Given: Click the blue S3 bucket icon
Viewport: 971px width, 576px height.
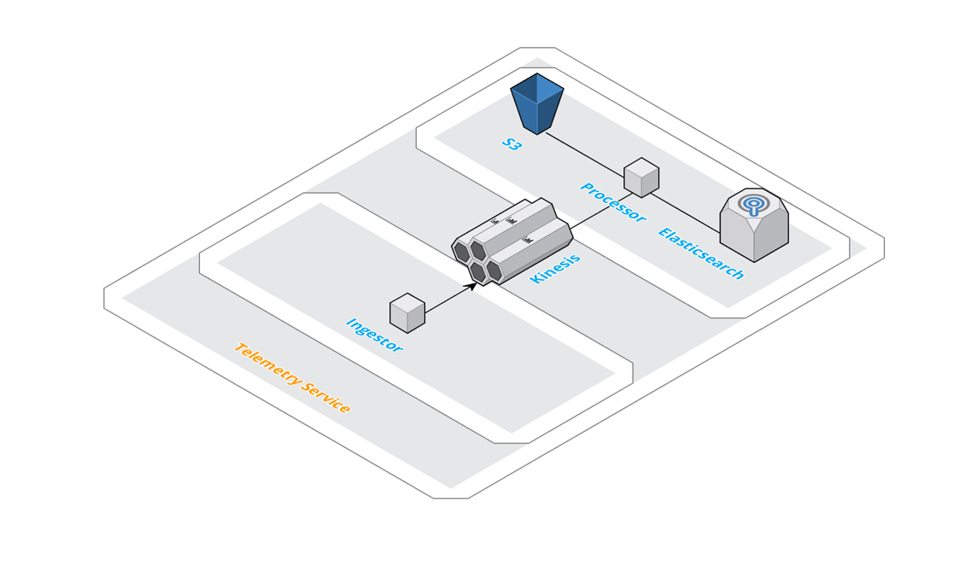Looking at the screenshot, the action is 537,103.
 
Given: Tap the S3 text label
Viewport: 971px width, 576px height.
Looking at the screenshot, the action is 512,144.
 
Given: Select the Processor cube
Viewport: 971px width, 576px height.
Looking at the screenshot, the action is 641,177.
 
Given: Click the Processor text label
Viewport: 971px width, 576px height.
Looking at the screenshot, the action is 612,202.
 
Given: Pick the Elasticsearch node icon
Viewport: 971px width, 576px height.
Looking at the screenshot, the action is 754,224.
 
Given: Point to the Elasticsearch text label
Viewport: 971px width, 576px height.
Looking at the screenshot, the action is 701,253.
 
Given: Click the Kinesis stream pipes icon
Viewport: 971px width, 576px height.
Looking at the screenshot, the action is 512,241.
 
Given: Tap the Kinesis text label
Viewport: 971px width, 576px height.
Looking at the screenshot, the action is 555,269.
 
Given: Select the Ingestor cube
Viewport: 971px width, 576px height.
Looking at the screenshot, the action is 407,313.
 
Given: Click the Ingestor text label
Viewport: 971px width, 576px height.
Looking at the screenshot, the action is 374,335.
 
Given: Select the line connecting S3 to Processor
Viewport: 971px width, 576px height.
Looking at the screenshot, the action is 585,154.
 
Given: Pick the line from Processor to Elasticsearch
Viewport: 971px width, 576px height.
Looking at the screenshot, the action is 685,213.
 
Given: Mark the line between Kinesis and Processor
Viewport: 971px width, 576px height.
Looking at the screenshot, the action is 601,211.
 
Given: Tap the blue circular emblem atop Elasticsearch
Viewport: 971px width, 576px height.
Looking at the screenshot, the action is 753,204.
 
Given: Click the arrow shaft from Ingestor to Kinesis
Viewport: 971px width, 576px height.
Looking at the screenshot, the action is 448,300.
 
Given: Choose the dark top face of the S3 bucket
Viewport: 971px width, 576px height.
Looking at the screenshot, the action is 537,86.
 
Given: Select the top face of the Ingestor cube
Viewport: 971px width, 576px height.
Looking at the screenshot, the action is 407,303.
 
